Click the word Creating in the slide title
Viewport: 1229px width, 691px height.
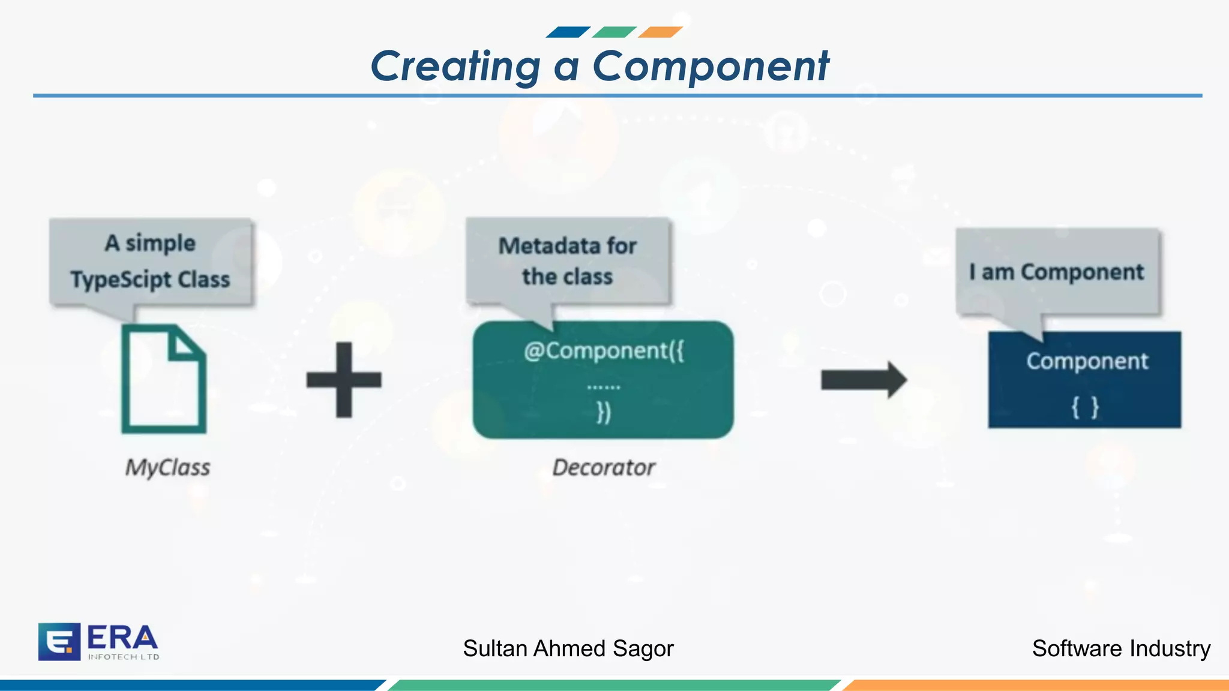455,66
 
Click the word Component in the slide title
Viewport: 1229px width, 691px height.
711,66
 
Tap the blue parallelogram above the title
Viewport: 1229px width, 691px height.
568,32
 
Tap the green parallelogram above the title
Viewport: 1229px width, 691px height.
614,32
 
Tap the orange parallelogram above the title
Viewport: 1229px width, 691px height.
660,32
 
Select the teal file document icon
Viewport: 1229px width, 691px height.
164,379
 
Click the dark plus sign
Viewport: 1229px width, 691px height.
344,380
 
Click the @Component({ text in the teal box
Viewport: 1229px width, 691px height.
603,351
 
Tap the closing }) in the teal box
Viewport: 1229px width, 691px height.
603,412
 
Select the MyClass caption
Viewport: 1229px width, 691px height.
167,467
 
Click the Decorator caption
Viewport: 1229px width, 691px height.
603,467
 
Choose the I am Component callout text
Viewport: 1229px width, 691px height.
1056,272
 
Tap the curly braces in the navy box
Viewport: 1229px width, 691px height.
1085,407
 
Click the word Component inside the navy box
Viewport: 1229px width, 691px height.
1087,361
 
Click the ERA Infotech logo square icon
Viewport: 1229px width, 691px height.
59,641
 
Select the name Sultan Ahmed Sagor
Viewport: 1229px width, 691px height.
568,648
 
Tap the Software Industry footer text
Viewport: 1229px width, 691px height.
1120,648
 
